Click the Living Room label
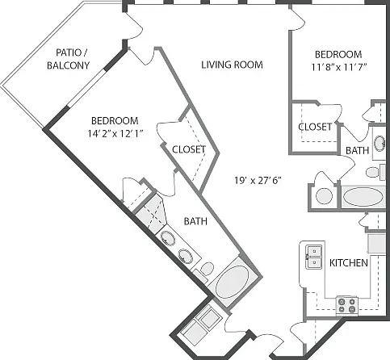pyautogui.click(x=232, y=65)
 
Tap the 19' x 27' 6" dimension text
pyautogui.click(x=258, y=180)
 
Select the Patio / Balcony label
pyautogui.click(x=69, y=59)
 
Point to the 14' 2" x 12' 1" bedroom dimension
pyautogui.click(x=115, y=133)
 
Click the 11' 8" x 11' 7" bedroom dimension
pyautogui.click(x=339, y=67)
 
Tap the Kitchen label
pyautogui.click(x=349, y=263)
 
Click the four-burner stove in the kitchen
pyautogui.click(x=346, y=305)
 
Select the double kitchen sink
pyautogui.click(x=313, y=257)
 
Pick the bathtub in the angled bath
pyautogui.click(x=232, y=282)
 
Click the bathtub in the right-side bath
pyautogui.click(x=363, y=197)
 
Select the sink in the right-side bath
pyautogui.click(x=380, y=143)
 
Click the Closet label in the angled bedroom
pyautogui.click(x=189, y=149)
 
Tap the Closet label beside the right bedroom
pyautogui.click(x=315, y=127)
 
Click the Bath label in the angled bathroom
pyautogui.click(x=195, y=221)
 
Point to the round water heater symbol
pyautogui.click(x=324, y=196)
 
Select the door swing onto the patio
pyautogui.click(x=134, y=26)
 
